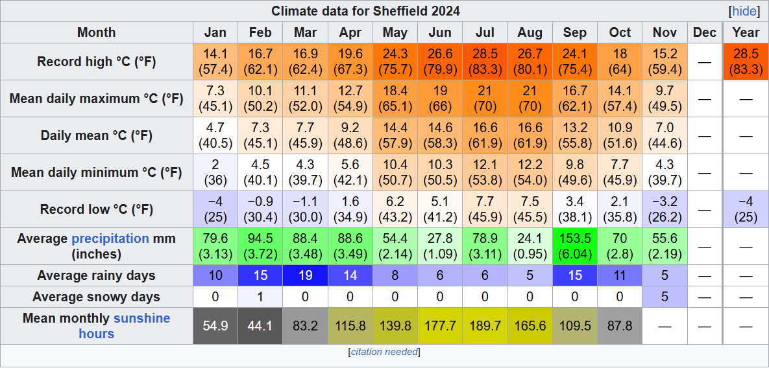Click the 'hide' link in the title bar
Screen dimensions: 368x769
[x=744, y=11]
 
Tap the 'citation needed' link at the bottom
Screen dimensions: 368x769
[x=384, y=352]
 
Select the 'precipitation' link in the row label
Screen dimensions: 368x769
[x=110, y=238]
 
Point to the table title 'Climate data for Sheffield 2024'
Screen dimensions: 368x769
[x=365, y=11]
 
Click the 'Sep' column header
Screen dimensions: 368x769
[x=574, y=32]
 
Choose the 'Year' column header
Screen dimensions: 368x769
[x=746, y=32]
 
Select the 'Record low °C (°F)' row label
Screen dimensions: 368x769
[x=97, y=209]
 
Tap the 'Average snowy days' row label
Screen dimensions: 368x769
[x=97, y=297]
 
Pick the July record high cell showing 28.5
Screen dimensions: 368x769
[x=485, y=62]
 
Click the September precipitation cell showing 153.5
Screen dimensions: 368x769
[x=574, y=246]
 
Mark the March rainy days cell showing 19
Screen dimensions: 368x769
[x=306, y=275]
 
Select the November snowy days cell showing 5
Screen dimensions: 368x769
[x=665, y=297]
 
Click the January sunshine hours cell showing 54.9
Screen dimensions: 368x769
[x=215, y=326]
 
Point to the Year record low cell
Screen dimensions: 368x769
[x=746, y=209]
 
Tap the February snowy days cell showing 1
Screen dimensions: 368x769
[x=260, y=297]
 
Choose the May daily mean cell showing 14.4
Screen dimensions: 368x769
[x=395, y=135]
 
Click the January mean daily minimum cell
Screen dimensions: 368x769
[x=215, y=172]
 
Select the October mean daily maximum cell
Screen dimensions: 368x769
[x=620, y=98]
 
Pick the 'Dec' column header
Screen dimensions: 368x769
[x=704, y=32]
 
